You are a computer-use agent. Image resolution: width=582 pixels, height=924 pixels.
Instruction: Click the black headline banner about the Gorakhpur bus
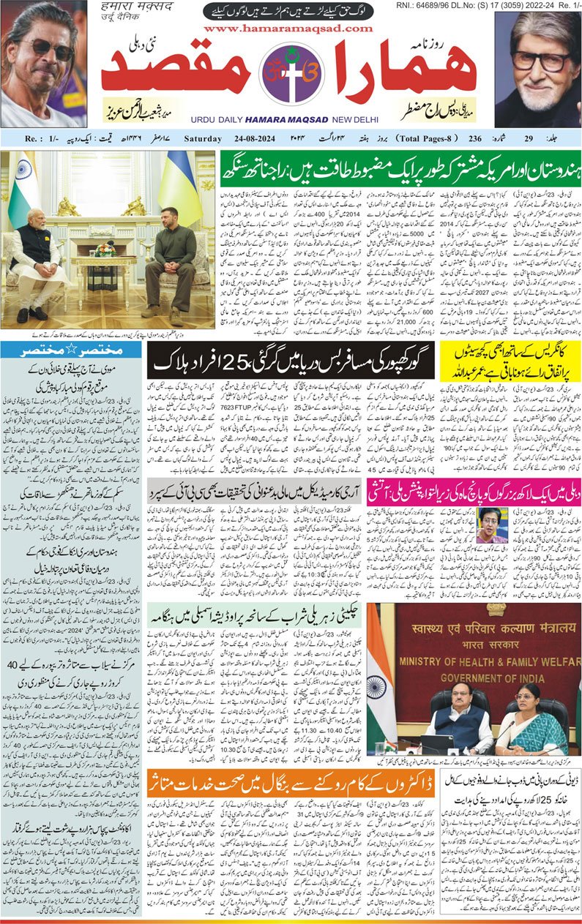click(x=291, y=360)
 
